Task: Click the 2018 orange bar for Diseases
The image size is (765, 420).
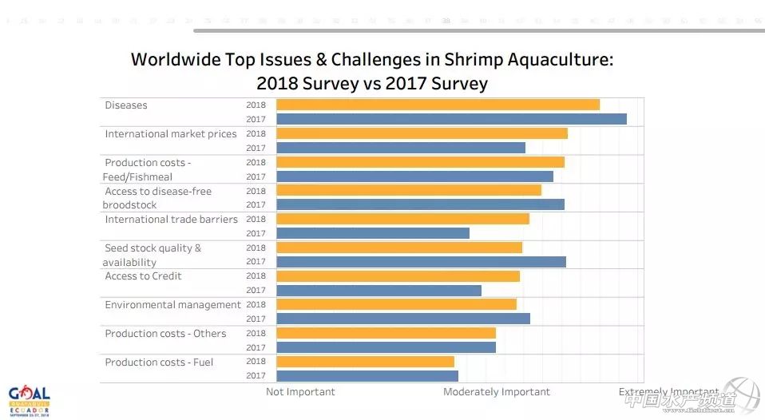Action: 438,105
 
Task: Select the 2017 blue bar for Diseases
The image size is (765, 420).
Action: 451,119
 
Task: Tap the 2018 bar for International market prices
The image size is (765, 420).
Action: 422,133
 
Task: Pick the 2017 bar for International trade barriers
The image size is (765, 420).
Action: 373,233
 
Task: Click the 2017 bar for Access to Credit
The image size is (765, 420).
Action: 379,291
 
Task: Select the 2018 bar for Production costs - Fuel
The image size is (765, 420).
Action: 365,362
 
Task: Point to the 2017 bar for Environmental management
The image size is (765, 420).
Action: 403,319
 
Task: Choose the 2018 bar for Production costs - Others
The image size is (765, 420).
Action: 386,333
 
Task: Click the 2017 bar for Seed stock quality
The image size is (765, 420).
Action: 421,261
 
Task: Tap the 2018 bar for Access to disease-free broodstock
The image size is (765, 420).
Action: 409,190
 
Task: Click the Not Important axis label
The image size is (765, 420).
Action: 300,392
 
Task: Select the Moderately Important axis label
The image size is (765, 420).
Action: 497,392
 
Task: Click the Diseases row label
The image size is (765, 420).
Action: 126,105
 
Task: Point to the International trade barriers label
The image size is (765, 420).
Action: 171,220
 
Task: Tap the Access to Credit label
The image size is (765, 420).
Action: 143,276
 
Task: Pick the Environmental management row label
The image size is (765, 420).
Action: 172,305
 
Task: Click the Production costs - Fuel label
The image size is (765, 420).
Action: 159,363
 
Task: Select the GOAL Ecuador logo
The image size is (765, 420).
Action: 30,401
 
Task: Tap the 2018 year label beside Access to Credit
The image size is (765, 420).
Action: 256,276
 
